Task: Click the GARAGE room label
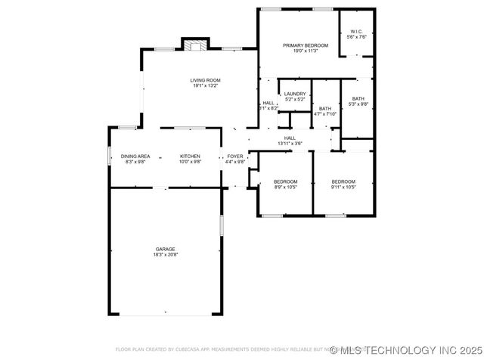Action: pyautogui.click(x=166, y=249)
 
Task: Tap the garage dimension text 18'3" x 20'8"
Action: pyautogui.click(x=166, y=255)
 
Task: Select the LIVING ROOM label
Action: pyautogui.click(x=204, y=80)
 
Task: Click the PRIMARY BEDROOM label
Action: pyautogui.click(x=300, y=45)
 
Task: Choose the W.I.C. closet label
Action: pyautogui.click(x=356, y=32)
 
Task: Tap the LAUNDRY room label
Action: pyautogui.click(x=294, y=94)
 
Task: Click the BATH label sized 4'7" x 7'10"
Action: pyautogui.click(x=325, y=108)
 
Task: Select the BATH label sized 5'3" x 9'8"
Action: pyautogui.click(x=358, y=98)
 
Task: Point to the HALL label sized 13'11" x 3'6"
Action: pyautogui.click(x=290, y=138)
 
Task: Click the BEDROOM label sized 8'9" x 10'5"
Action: pyautogui.click(x=285, y=182)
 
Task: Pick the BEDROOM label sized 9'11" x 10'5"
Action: pyautogui.click(x=343, y=182)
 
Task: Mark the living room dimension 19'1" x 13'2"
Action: pyautogui.click(x=204, y=85)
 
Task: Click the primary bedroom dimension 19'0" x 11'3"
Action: pyautogui.click(x=300, y=51)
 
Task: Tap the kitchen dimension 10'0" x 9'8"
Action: pyautogui.click(x=190, y=161)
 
